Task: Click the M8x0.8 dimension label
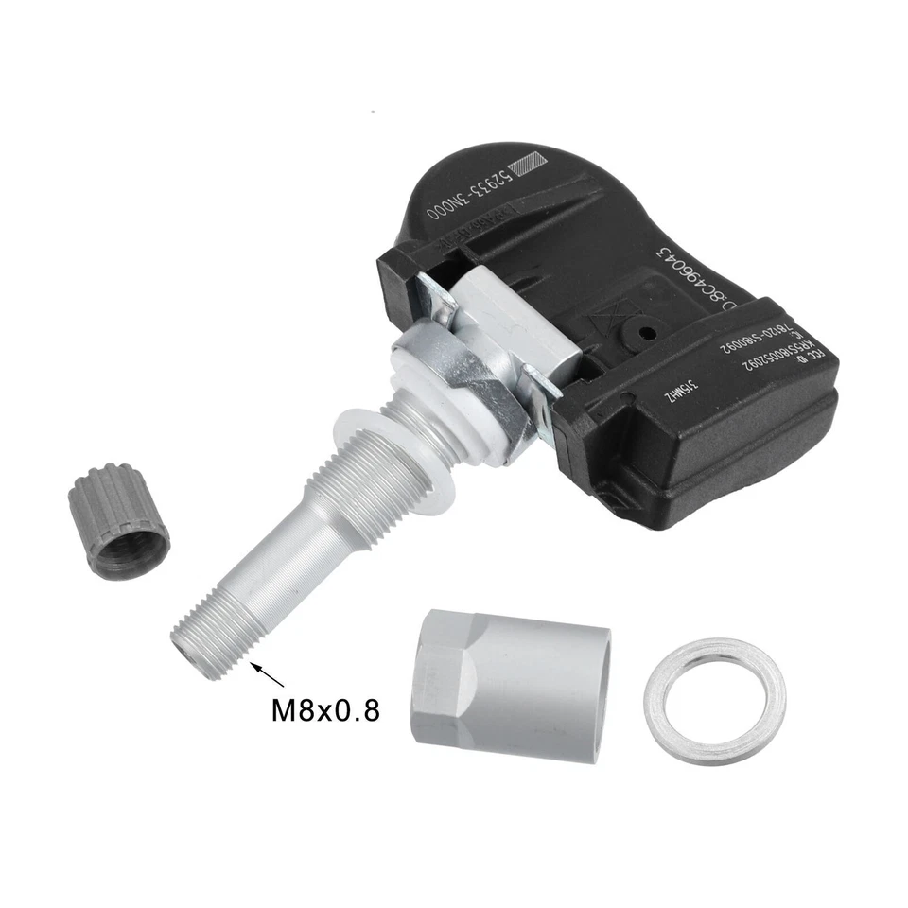coord(325,709)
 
